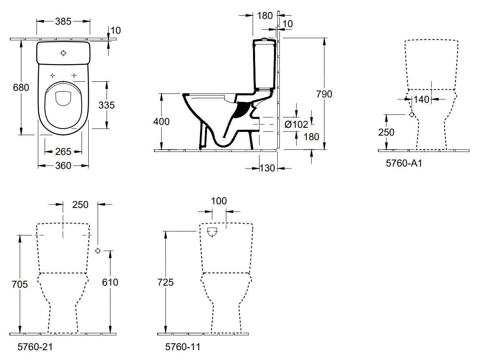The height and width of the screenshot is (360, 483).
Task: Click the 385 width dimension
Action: pos(63,21)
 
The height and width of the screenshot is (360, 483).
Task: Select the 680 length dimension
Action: pos(21,88)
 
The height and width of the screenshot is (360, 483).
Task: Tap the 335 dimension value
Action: pos(106,105)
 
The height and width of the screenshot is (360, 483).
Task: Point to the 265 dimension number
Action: pos(63,152)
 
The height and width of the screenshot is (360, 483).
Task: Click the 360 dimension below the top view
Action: pos(63,166)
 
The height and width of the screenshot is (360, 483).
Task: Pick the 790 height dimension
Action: pos(324,94)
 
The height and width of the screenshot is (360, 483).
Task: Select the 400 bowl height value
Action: pos(161,122)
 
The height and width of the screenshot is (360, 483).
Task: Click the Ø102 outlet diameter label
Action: pos(295,125)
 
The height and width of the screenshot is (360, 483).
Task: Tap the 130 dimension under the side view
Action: pos(267,168)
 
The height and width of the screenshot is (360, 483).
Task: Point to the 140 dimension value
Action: pos(421,99)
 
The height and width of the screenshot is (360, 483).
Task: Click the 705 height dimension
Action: pos(19,284)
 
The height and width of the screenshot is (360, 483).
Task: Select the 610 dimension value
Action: pos(110,282)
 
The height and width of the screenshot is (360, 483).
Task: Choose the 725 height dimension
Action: pos(165,282)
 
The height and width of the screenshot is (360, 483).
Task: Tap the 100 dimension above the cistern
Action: pos(218,201)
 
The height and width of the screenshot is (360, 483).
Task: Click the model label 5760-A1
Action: pos(404,163)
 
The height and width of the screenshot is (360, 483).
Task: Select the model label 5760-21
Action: pos(35,347)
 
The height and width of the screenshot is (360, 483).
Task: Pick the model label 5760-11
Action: pos(182,347)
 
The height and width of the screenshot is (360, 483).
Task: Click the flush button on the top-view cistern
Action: pos(63,53)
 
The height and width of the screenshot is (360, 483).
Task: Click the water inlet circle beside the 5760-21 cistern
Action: pos(98,250)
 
